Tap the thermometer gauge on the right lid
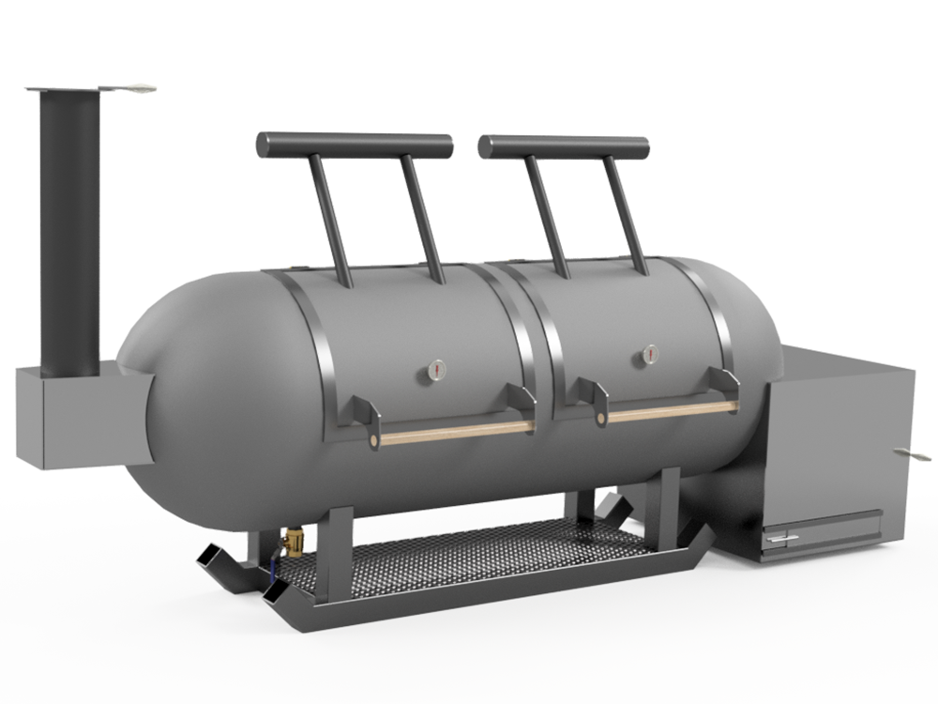tap(650, 355)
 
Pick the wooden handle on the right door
tap(670, 411)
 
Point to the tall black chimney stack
tap(69, 235)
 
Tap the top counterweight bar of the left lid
tap(355, 145)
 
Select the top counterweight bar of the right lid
tap(563, 147)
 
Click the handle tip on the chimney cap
tap(142, 89)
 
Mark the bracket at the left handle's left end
tap(366, 418)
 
